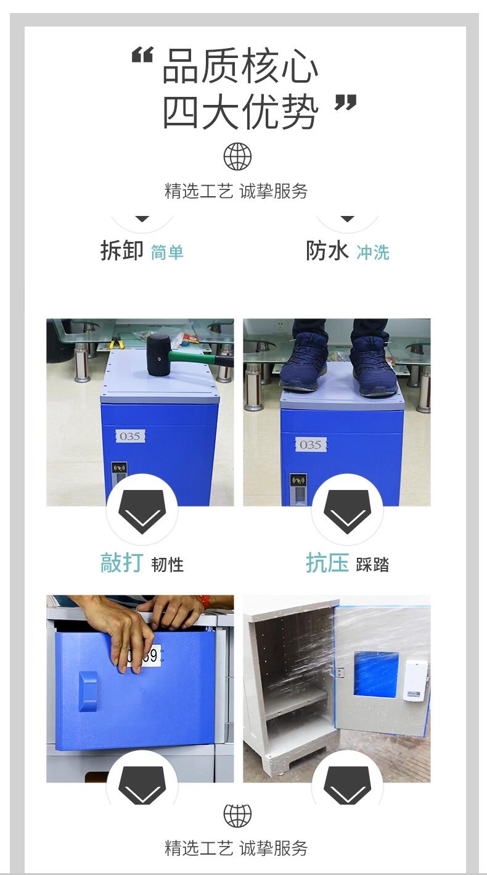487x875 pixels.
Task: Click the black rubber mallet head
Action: (158, 354)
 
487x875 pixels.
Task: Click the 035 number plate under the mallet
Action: (130, 436)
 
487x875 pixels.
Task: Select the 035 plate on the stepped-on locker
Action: (311, 444)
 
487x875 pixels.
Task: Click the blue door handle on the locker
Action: (88, 692)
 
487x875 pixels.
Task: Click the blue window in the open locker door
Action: (376, 674)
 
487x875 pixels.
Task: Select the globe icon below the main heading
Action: (237, 156)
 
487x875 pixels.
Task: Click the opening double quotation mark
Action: (142, 56)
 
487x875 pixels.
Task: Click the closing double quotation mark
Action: (346, 102)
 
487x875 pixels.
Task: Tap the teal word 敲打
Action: (122, 563)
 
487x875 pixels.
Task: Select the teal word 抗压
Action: (327, 563)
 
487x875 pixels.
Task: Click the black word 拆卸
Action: (122, 251)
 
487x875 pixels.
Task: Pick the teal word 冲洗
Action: (373, 252)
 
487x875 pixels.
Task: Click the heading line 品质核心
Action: (240, 65)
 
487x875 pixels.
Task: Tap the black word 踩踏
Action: (372, 565)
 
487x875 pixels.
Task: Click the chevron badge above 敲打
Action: (142, 509)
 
